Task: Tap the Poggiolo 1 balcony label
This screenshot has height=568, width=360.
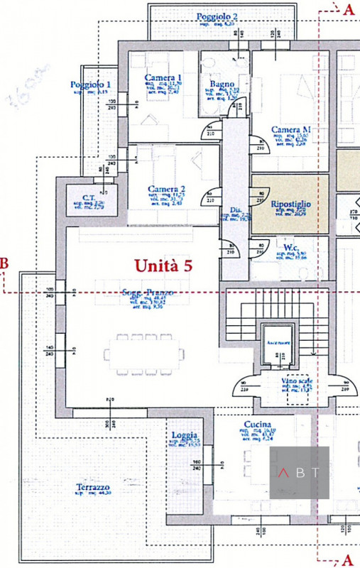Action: pos(90,84)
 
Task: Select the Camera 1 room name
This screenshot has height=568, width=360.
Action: pos(163,77)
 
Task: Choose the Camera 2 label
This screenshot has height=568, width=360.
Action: pos(167,190)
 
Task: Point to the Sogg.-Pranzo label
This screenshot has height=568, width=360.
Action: pos(148,292)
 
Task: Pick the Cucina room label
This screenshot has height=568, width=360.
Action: pos(255,424)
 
